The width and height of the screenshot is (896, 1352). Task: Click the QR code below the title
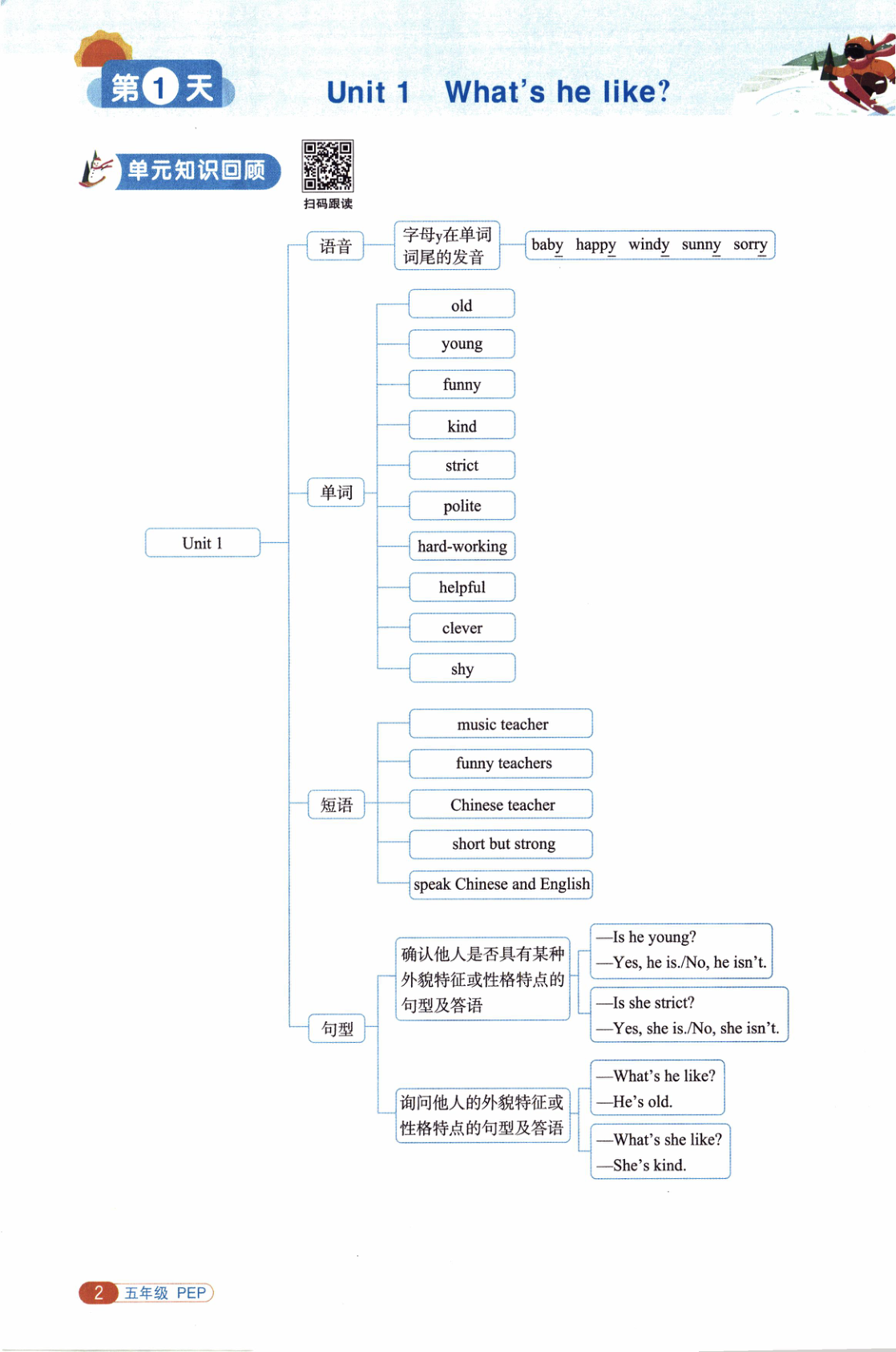pyautogui.click(x=327, y=166)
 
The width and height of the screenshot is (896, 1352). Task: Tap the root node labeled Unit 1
pyautogui.click(x=202, y=543)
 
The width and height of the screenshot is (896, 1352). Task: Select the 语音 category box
pyautogui.click(x=335, y=246)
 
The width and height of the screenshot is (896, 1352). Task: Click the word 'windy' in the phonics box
pyautogui.click(x=648, y=244)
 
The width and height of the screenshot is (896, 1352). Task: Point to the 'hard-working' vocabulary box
pyautogui.click(x=462, y=546)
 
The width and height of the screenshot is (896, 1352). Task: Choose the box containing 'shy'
pyautogui.click(x=462, y=669)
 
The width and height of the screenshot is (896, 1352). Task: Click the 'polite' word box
pyautogui.click(x=462, y=506)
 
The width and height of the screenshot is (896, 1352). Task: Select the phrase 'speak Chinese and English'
pyautogui.click(x=501, y=884)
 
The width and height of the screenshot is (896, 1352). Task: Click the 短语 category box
pyautogui.click(x=337, y=805)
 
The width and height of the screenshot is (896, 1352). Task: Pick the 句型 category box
pyautogui.click(x=337, y=1028)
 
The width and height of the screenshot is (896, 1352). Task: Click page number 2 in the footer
pyautogui.click(x=99, y=1292)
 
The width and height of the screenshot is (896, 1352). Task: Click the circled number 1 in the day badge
pyautogui.click(x=160, y=88)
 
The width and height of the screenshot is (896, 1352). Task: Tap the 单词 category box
pyautogui.click(x=336, y=492)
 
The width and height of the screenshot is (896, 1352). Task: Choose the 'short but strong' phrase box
pyautogui.click(x=502, y=843)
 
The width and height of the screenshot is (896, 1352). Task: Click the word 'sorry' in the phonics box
pyautogui.click(x=750, y=244)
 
